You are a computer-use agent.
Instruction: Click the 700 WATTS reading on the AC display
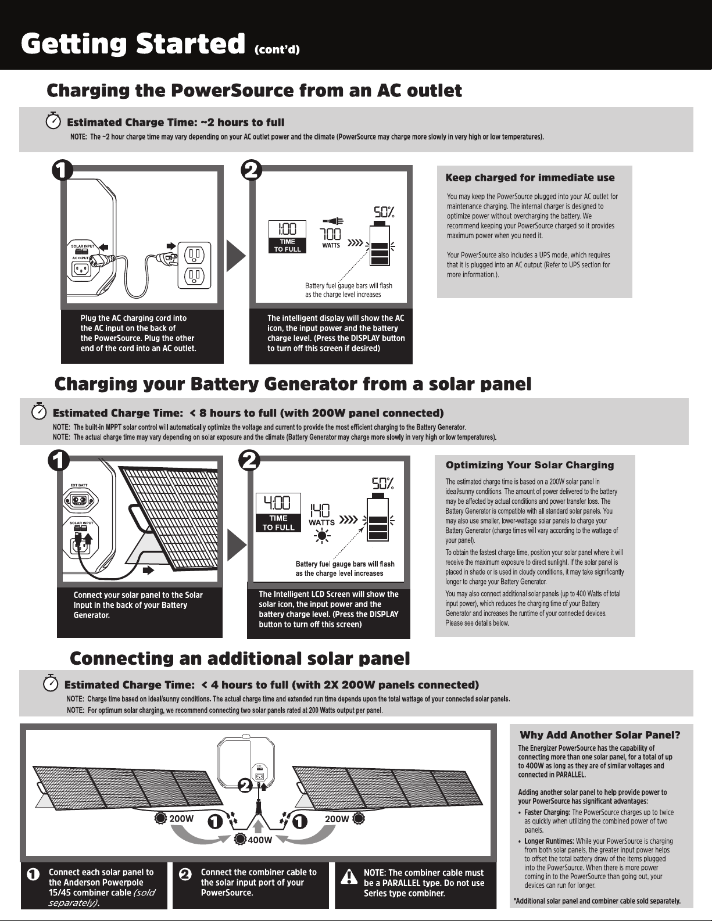pyautogui.click(x=331, y=236)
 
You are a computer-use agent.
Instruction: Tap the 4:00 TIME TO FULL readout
pyautogui.click(x=278, y=512)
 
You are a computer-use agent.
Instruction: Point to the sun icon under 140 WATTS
pyautogui.click(x=320, y=535)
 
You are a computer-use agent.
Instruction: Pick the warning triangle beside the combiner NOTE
pyautogui.click(x=348, y=876)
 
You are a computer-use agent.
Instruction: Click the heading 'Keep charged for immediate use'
pyautogui.click(x=529, y=178)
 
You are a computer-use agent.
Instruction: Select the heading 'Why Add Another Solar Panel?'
pyautogui.click(x=599, y=735)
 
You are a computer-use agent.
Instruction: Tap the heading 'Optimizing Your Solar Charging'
pyautogui.click(x=529, y=465)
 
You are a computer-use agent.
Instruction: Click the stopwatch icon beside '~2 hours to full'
pyautogui.click(x=53, y=121)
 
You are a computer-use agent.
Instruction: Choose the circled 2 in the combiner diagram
pyautogui.click(x=245, y=786)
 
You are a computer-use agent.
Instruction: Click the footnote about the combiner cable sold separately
pyautogui.click(x=597, y=901)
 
